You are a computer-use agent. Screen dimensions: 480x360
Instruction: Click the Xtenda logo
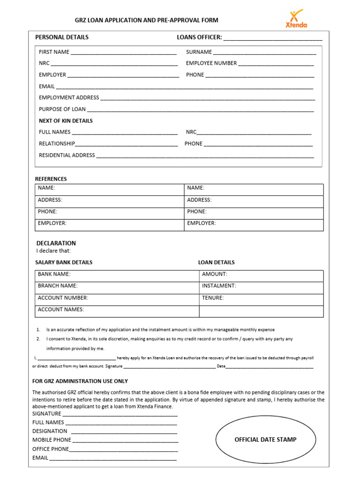[296, 19]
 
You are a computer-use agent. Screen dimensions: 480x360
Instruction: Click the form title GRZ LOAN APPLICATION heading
[147, 20]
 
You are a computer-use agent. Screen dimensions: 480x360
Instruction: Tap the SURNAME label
[199, 52]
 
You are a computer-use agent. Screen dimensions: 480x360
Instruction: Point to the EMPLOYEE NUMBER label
[211, 63]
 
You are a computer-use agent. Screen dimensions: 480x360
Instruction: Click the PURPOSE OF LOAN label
[62, 109]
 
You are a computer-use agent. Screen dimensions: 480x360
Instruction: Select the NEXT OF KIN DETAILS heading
[66, 121]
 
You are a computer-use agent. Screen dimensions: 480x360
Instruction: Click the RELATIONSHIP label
[57, 144]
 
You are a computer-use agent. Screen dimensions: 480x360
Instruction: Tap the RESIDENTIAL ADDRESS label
[67, 155]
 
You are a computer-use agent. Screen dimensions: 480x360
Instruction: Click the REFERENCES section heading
[51, 179]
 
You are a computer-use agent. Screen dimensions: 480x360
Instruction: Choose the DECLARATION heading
[56, 243]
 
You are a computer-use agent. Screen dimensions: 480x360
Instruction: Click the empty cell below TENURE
[261, 311]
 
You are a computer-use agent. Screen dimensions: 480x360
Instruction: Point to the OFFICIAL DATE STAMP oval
[265, 440]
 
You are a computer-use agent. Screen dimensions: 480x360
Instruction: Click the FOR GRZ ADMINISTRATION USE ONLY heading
[80, 381]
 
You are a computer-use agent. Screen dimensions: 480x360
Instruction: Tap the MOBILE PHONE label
[52, 440]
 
